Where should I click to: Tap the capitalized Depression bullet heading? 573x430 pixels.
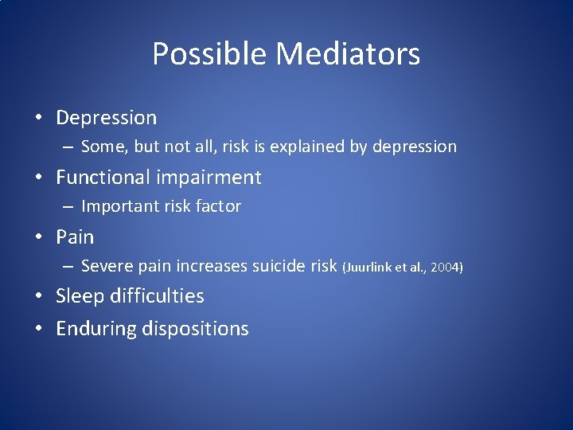coord(106,118)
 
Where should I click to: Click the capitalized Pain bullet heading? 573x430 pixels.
coord(75,236)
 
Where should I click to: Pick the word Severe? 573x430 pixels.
coord(106,265)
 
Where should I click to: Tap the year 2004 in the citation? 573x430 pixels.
coord(444,267)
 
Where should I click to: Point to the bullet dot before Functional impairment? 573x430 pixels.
coord(38,178)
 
